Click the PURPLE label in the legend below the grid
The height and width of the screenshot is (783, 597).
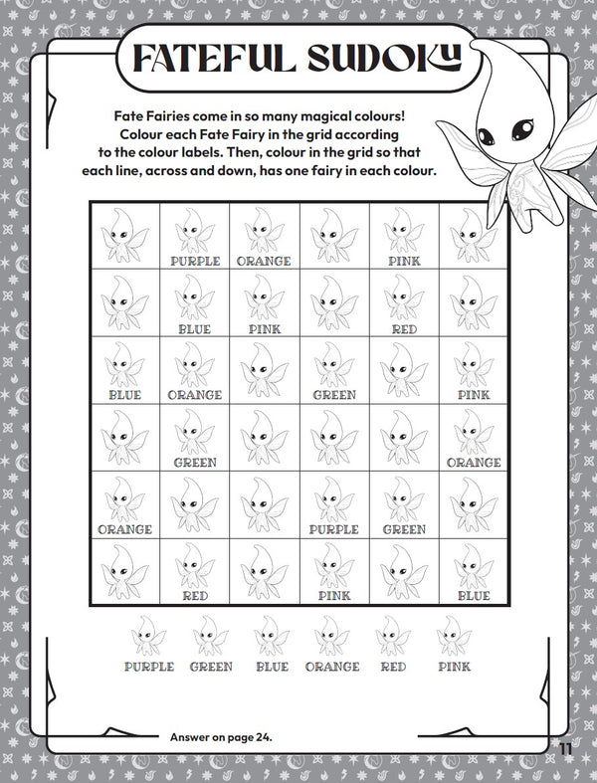click(149, 667)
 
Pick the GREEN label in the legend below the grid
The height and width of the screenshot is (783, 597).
click(211, 667)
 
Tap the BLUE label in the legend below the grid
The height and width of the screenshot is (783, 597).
click(271, 667)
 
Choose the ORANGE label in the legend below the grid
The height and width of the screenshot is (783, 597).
click(332, 667)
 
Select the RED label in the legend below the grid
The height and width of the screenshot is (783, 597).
click(394, 667)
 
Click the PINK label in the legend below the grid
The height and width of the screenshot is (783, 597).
click(454, 667)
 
